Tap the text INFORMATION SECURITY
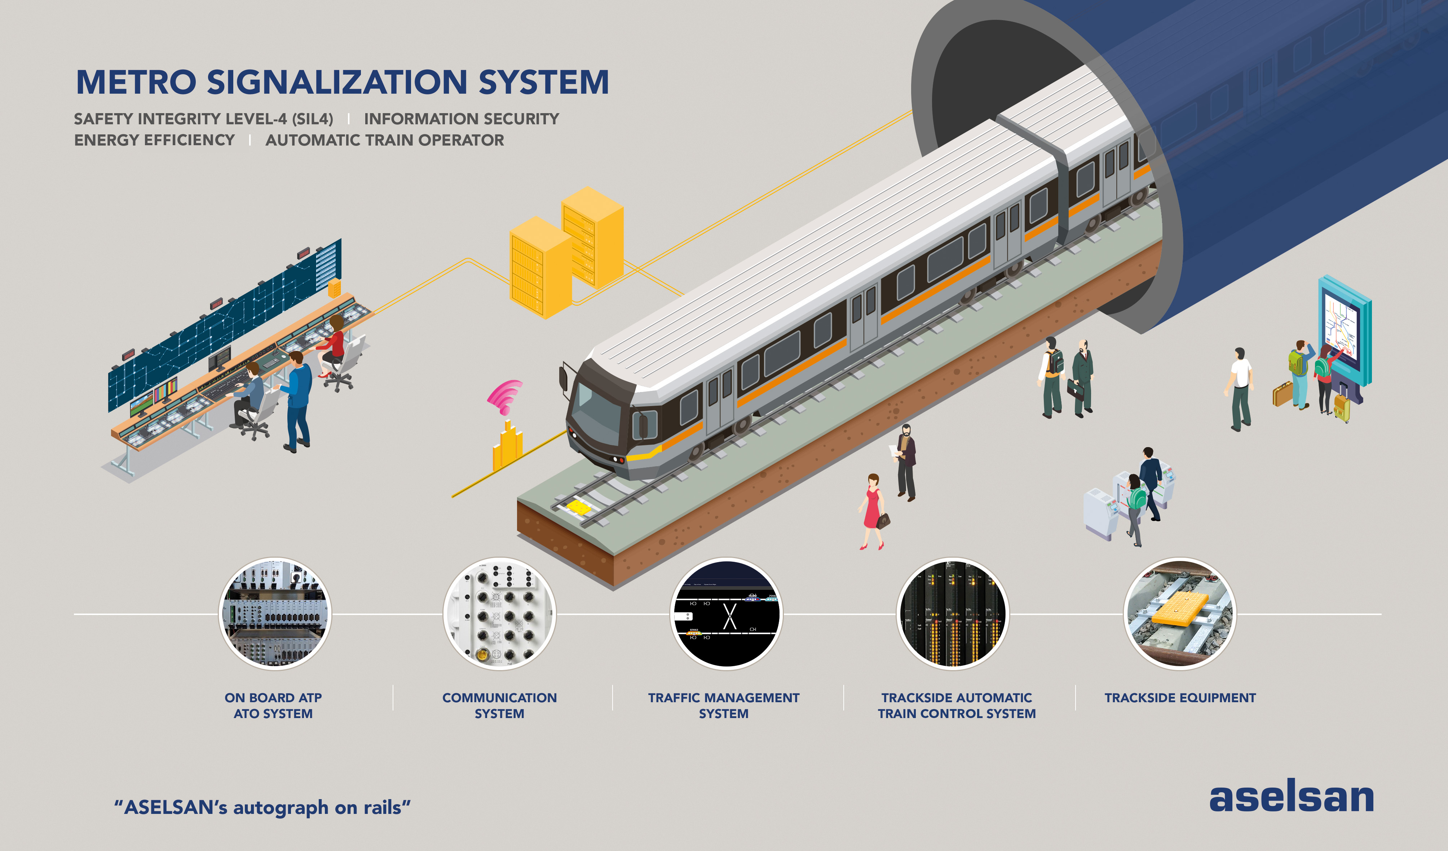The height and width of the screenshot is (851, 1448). (x=462, y=119)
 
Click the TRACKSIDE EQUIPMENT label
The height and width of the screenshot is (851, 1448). (x=1180, y=698)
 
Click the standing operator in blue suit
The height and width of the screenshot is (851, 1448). (x=298, y=402)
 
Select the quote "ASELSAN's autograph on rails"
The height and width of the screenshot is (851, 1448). (x=262, y=807)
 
